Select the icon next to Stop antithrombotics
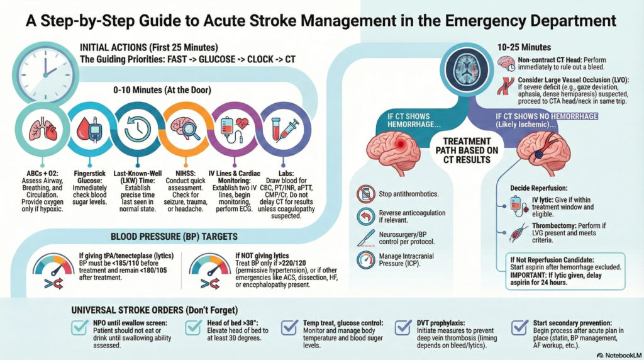(365, 194)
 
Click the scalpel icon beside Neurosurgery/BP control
(365, 237)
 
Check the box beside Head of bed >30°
(194, 327)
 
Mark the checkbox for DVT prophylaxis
(403, 327)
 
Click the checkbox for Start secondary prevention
(519, 327)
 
